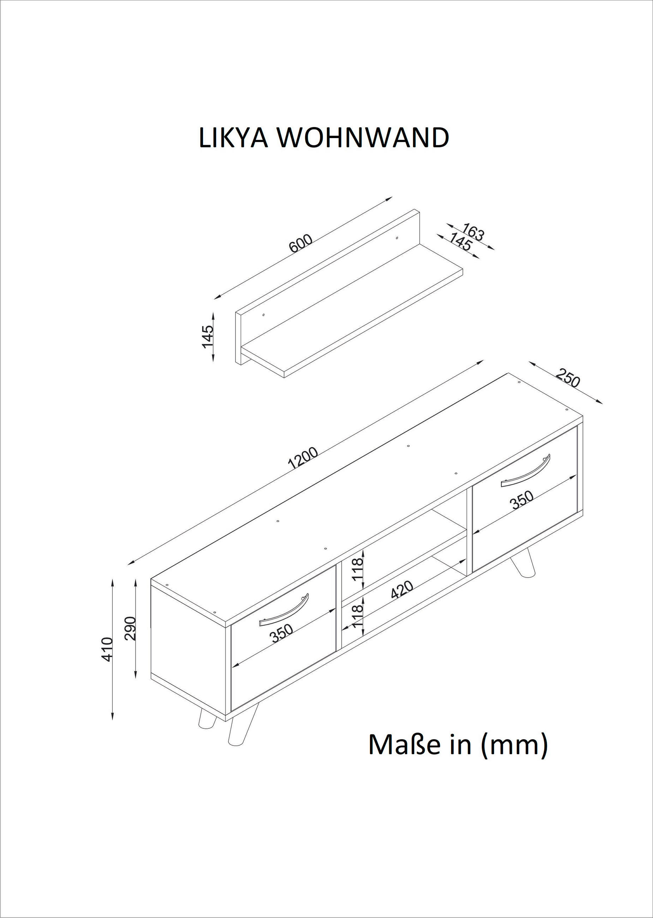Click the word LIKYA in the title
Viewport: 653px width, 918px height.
(x=233, y=138)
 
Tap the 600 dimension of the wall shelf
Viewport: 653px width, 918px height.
(x=301, y=243)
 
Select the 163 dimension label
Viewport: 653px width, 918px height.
(x=473, y=232)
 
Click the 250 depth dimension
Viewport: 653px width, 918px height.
(x=568, y=380)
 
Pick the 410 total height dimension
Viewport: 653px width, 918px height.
(x=107, y=649)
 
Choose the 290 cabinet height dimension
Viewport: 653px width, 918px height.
(x=131, y=628)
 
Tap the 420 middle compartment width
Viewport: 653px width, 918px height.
(x=402, y=590)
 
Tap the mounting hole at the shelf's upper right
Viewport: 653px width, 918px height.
(x=397, y=238)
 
